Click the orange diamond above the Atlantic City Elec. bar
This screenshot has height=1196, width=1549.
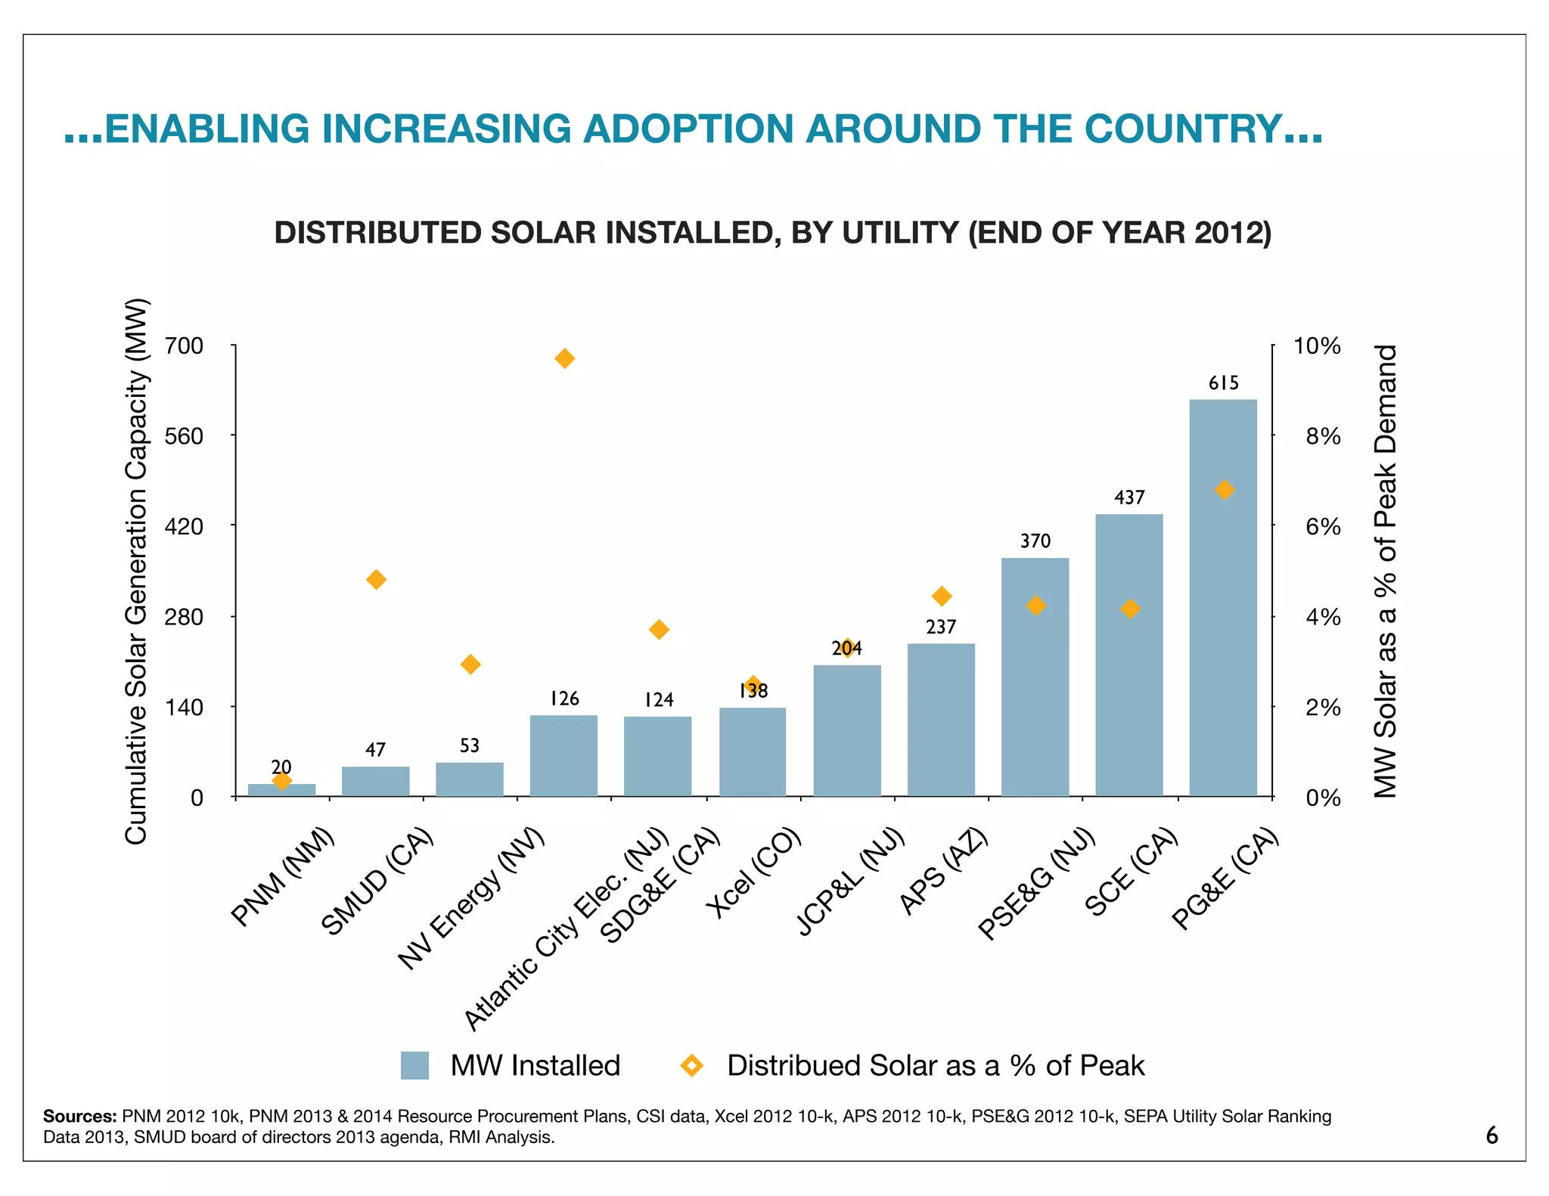coord(564,358)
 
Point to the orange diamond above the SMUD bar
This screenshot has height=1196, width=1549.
coord(376,580)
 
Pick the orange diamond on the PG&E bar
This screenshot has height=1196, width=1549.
coord(1224,490)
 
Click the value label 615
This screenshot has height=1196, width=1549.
coord(1223,383)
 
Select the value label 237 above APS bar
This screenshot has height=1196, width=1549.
coord(941,627)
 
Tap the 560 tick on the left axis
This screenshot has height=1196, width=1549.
coord(185,436)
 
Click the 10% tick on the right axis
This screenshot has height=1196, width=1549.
coord(1317,346)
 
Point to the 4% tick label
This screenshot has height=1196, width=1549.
coord(1323,617)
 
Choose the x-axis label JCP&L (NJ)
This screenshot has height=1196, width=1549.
coord(851,882)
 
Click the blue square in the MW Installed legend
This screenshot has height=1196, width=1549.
coord(414,1065)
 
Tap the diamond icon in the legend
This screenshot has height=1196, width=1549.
coord(691,1065)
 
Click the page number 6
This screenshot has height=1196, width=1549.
coord(1492,1136)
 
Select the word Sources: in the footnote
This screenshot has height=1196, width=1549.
coord(79,1116)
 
